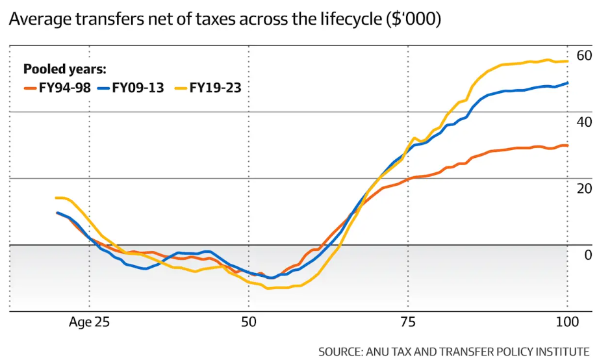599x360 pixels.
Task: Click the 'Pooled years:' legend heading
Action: [x=65, y=70]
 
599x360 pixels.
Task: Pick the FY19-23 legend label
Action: [x=215, y=88]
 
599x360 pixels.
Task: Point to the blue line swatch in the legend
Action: [x=104, y=88]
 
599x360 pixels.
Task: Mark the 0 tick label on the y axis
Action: [x=587, y=255]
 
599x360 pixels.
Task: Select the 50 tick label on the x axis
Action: [x=249, y=322]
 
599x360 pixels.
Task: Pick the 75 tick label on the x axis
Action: [x=407, y=322]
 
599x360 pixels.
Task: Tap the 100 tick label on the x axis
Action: [x=567, y=322]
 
